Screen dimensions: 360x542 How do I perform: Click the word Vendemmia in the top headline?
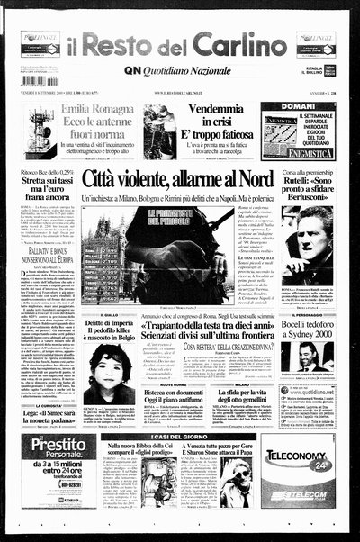click(x=213, y=108)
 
